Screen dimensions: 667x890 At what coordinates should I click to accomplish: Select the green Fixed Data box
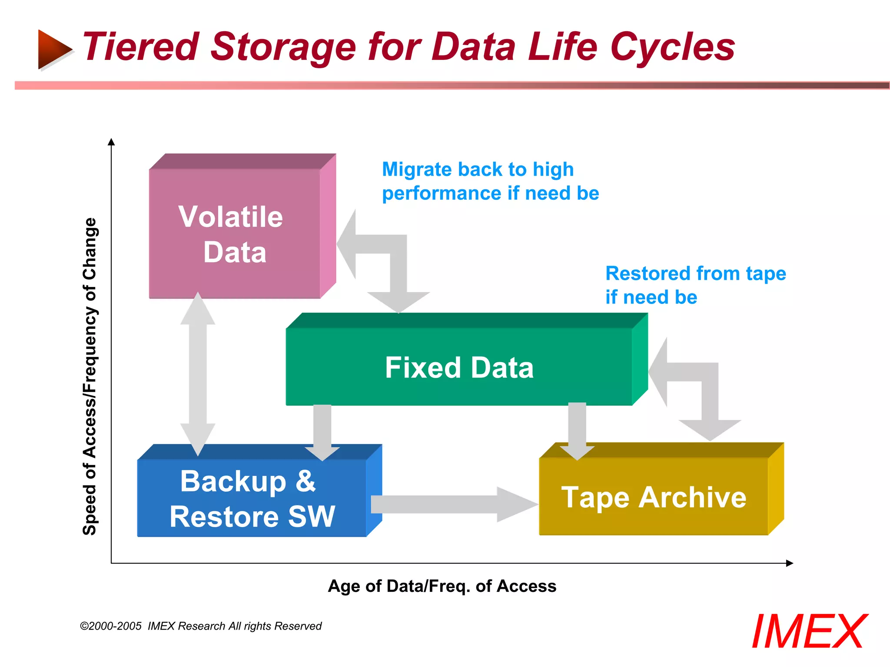[459, 367]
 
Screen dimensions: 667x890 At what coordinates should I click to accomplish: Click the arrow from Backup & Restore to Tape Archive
[452, 504]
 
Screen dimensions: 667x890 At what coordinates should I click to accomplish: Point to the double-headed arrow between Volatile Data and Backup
[198, 373]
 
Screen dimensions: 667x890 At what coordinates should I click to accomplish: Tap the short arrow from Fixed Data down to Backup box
[322, 430]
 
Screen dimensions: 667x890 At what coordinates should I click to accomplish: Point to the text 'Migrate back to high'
[478, 169]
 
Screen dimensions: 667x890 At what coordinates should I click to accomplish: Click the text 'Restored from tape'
[695, 274]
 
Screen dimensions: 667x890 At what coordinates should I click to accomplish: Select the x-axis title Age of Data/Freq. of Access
[442, 586]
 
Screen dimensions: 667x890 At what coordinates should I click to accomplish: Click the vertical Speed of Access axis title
[90, 376]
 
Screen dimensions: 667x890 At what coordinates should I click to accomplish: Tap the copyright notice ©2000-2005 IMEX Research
[201, 626]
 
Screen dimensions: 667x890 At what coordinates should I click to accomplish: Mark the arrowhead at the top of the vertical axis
[111, 142]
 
